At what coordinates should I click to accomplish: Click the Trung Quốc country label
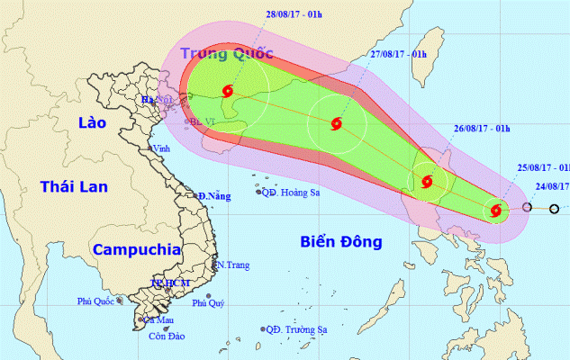click(x=227, y=52)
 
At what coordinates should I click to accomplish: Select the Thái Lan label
click(x=74, y=186)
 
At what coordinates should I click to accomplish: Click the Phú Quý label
click(x=210, y=304)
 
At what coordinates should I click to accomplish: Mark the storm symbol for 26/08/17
click(x=427, y=182)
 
